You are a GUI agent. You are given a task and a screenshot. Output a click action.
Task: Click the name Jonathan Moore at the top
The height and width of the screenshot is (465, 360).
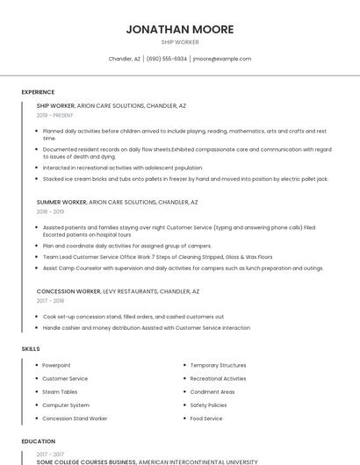179,29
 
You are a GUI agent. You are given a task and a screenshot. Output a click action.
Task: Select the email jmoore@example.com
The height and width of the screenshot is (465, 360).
222,59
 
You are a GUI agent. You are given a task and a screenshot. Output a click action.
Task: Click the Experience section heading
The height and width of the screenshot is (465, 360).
38,91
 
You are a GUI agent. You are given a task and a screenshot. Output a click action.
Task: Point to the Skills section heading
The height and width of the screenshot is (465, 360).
31,349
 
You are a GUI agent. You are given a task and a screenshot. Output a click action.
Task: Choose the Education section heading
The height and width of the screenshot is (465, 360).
39,441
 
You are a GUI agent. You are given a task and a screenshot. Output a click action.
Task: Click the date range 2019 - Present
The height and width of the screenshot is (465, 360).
55,115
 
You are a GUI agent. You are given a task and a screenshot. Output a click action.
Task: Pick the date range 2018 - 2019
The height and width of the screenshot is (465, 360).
50,211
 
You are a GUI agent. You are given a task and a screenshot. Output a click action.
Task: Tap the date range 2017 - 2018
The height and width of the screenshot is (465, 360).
50,300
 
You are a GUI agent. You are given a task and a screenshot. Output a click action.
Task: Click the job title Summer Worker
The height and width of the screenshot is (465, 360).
61,202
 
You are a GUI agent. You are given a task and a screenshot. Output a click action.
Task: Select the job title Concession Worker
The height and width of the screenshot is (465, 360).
68,290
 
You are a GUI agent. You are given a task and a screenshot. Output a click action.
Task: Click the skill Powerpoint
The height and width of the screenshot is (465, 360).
56,365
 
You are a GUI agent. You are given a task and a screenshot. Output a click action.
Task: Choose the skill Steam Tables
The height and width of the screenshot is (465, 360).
60,391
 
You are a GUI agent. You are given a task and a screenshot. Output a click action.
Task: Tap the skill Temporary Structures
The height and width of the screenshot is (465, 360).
218,365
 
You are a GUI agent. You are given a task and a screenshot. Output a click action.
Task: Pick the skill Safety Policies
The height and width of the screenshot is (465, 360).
208,405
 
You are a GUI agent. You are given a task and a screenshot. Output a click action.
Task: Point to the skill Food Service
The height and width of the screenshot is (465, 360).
206,418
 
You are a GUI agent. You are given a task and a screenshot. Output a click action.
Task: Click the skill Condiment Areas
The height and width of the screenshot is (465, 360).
212,391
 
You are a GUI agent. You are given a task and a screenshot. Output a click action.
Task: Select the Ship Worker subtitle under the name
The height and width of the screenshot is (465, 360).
179,42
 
